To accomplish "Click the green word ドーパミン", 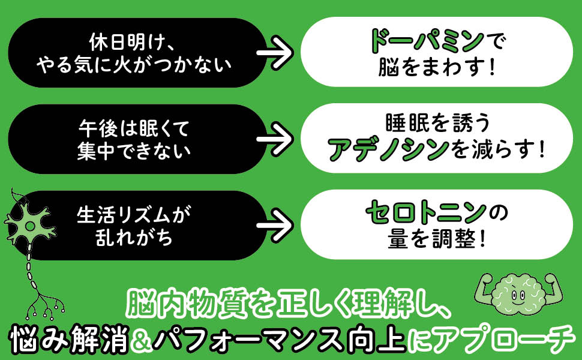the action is tap(427, 40).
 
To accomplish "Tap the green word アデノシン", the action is tap(389, 149).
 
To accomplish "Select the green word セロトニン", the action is tap(426, 212).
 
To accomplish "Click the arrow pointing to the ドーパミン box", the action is tap(275, 52).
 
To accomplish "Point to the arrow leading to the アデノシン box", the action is tap(275, 139).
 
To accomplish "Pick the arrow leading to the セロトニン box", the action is tap(275, 225).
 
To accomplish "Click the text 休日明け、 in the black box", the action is tap(132, 41).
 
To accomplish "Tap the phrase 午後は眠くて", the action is tap(134, 128).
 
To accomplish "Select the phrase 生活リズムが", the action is tap(134, 215).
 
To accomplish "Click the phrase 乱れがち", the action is tap(134, 238).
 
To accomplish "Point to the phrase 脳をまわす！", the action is tap(437, 67).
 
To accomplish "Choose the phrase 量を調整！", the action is tap(437, 238).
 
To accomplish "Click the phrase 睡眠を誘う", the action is tap(437, 123).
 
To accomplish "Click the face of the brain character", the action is tap(518, 295).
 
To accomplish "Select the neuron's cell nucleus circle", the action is tap(29, 225).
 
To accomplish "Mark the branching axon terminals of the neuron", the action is tap(44, 306).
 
